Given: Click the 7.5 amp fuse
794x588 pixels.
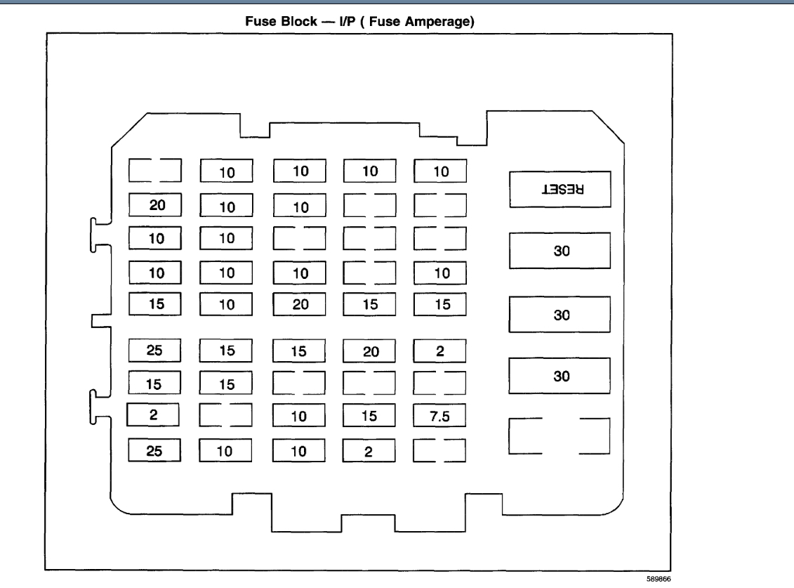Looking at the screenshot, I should click(440, 416).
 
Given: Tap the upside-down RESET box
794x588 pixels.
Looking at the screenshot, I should click(560, 190).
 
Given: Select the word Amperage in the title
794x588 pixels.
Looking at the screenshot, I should click(438, 22).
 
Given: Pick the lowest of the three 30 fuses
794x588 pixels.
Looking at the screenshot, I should click(560, 377).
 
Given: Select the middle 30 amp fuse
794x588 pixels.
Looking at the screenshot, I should click(560, 315).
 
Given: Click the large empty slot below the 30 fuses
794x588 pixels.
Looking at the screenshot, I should click(560, 436).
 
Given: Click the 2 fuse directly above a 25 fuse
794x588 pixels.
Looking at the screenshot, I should click(154, 415).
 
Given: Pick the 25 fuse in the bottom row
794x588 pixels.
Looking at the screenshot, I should click(156, 449).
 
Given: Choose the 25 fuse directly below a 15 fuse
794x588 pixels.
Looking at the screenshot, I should click(156, 349).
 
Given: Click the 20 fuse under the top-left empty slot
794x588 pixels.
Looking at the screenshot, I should click(156, 204).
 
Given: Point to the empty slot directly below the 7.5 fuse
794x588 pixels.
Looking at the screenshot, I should click(440, 450).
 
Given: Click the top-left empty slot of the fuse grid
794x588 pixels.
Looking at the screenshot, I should click(156, 170).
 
